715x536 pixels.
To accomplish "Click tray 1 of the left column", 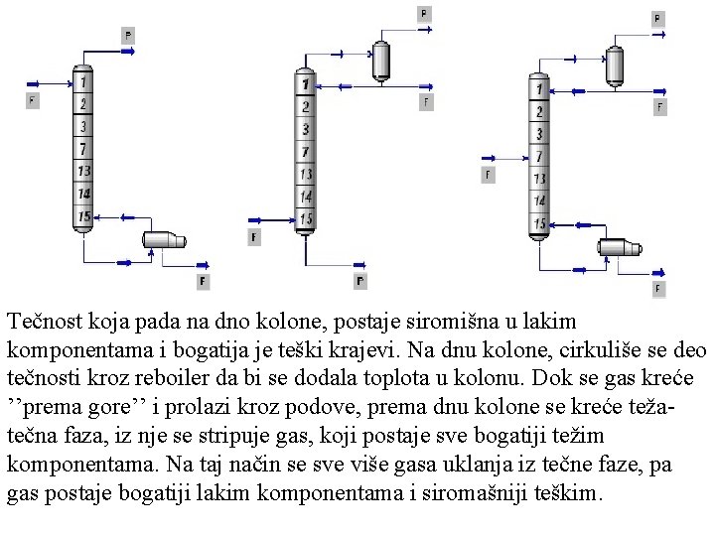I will [x=83, y=80].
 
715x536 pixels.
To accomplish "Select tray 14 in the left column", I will [x=83, y=194].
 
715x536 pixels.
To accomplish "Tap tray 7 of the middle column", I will [x=306, y=152].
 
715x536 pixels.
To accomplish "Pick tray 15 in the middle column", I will [x=306, y=218].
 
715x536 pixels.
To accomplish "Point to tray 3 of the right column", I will [x=539, y=134].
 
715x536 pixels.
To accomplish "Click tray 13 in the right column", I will [x=539, y=180].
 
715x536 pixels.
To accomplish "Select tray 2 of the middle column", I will [x=306, y=106].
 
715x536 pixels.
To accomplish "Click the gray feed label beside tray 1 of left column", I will [x=33, y=100].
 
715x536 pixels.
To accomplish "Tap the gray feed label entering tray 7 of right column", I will [x=488, y=175].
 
